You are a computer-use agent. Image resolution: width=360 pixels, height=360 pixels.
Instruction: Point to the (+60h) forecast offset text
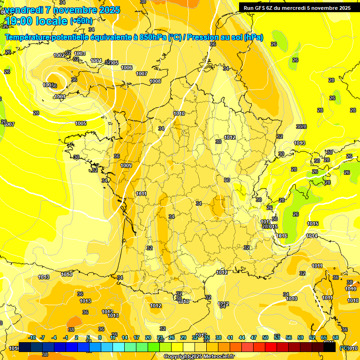click(x=81, y=21)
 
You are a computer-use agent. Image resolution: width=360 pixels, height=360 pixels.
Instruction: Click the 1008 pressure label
click(x=155, y=81)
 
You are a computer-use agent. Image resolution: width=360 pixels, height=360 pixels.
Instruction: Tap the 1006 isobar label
click(x=127, y=67)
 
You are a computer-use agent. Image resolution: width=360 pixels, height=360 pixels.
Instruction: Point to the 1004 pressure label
click(x=96, y=60)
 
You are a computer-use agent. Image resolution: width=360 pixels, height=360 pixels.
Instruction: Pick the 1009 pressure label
click(x=126, y=165)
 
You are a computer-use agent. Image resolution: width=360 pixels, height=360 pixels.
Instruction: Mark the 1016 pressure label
click(x=282, y=236)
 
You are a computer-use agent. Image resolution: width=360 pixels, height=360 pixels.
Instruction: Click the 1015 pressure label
click(x=313, y=224)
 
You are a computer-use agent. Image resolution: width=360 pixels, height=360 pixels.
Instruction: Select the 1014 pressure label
click(x=312, y=236)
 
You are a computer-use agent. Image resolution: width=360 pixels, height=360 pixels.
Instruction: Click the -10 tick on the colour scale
click(x=32, y=337)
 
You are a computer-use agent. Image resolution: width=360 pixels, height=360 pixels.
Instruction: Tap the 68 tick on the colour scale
click(x=336, y=337)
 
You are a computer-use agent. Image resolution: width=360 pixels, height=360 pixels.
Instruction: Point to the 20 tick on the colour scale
click(x=148, y=337)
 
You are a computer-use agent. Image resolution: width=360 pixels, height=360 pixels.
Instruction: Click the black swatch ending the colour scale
click(x=330, y=347)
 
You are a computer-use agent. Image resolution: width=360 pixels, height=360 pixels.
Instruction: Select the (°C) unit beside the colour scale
click(x=345, y=348)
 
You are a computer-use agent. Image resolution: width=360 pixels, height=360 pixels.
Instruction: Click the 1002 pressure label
click(x=59, y=55)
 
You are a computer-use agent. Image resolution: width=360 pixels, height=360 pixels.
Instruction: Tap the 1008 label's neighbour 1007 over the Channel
click(x=142, y=74)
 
